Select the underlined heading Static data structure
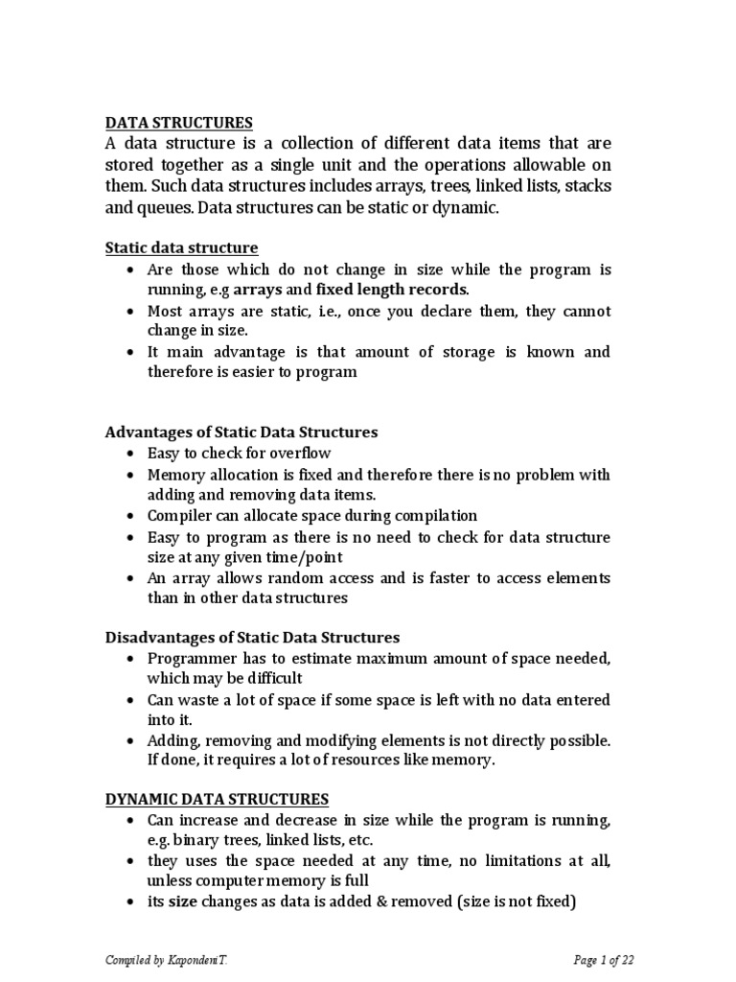click(x=181, y=248)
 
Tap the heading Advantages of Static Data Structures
click(x=241, y=433)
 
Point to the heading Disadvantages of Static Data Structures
click(x=252, y=638)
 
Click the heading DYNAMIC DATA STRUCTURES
click(x=216, y=800)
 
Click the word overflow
click(x=301, y=454)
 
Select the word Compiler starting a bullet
click(x=177, y=516)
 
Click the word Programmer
click(x=189, y=659)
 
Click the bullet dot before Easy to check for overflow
click(x=129, y=455)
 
